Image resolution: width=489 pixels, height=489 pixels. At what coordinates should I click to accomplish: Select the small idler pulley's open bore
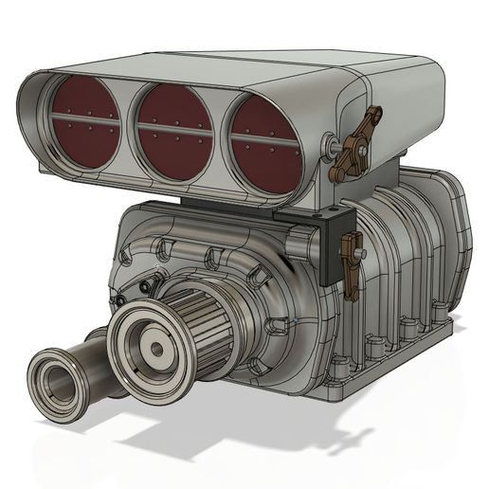pyautogui.click(x=57, y=385)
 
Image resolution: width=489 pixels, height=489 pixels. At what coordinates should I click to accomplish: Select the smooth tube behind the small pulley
pyautogui.click(x=95, y=355)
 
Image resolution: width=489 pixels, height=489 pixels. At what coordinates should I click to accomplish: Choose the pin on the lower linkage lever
pyautogui.click(x=361, y=255)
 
